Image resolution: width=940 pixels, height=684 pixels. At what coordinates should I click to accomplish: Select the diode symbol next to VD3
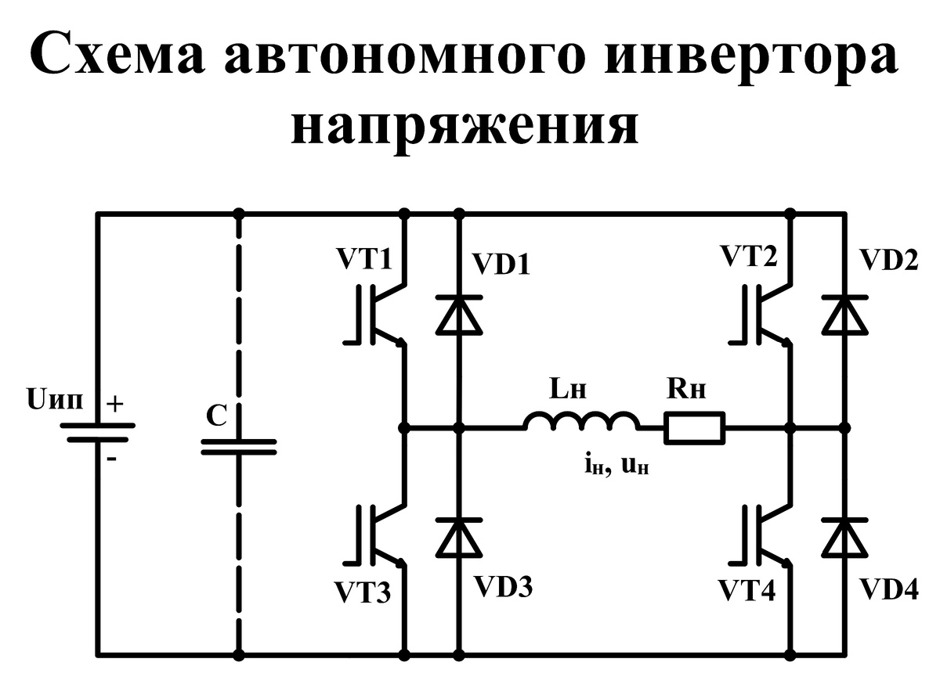(x=459, y=537)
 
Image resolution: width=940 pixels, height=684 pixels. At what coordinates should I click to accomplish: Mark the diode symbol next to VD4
(x=844, y=537)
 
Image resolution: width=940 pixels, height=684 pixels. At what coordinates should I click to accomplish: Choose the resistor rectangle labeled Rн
(x=695, y=428)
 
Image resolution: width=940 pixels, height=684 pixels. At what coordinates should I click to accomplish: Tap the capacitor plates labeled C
(x=239, y=446)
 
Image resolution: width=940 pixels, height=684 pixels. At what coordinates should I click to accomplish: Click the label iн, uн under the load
(x=614, y=467)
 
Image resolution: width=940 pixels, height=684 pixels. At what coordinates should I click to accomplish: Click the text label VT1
(x=363, y=257)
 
